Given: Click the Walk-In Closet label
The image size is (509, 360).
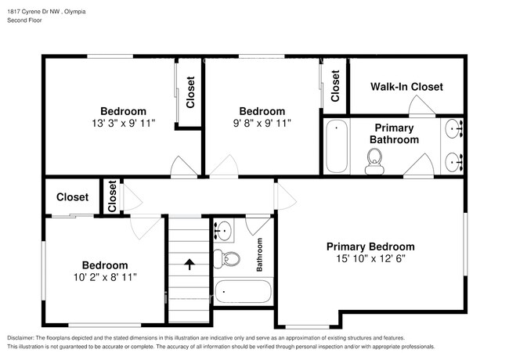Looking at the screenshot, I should click(x=406, y=87).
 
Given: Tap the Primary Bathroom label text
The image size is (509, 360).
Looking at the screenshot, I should click(x=394, y=133).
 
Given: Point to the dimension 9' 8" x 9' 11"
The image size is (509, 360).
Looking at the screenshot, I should click(x=262, y=124).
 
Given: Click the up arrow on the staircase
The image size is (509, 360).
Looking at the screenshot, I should click(x=188, y=265).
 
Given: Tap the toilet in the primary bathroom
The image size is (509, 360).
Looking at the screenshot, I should click(x=374, y=163).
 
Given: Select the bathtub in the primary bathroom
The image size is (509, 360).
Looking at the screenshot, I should click(x=337, y=146).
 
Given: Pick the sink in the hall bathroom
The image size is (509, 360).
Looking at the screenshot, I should click(x=222, y=230).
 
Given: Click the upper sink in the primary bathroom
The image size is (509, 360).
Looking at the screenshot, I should click(x=453, y=128).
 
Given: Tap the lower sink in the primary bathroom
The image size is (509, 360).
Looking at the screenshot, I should click(x=453, y=162).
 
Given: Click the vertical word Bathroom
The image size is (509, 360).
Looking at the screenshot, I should click(x=259, y=255).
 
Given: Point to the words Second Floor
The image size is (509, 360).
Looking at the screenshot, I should click(x=25, y=20).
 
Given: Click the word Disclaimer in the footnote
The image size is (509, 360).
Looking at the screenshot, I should click(x=25, y=337).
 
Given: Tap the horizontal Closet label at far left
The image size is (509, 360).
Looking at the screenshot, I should click(x=72, y=198).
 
